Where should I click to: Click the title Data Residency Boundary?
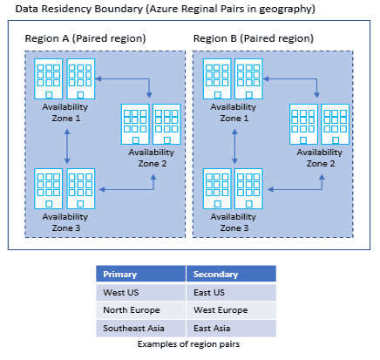click(x=159, y=9)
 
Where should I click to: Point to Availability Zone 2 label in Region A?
click(x=152, y=157)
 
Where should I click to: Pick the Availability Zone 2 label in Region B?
click(x=320, y=157)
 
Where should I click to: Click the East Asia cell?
click(x=213, y=329)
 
